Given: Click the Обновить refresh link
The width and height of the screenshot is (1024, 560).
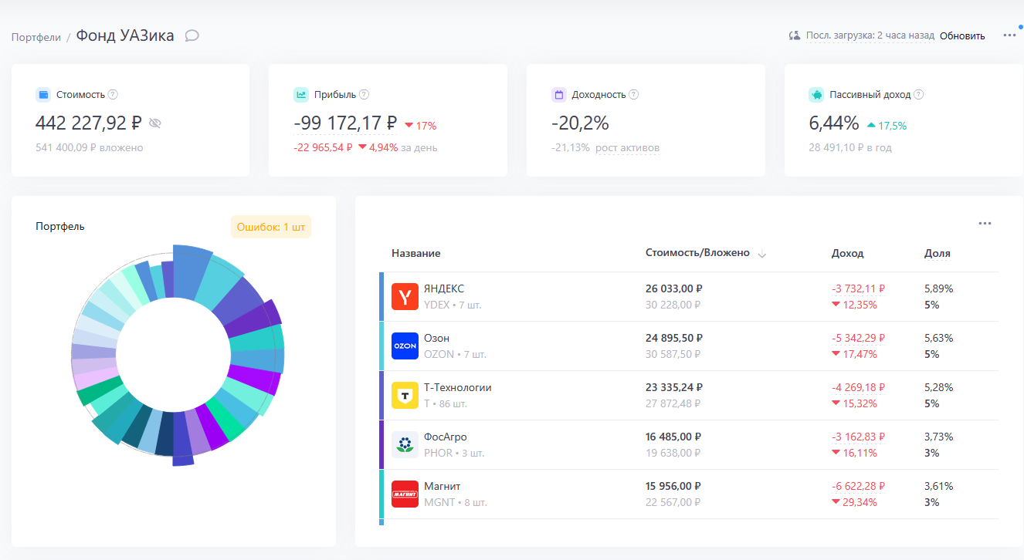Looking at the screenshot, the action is [961, 35].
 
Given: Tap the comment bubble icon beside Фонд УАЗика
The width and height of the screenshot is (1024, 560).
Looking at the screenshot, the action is [192, 35].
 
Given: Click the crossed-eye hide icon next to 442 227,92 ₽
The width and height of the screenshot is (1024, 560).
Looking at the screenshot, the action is [155, 123].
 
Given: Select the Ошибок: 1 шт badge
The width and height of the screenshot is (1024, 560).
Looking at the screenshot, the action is [270, 227].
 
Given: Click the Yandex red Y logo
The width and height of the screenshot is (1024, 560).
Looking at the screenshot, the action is [405, 296].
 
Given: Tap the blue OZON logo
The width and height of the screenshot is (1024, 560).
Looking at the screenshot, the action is [405, 346].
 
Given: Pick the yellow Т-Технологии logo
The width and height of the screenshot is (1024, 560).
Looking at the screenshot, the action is [405, 395].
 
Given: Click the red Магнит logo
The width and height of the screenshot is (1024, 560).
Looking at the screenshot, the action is [405, 494].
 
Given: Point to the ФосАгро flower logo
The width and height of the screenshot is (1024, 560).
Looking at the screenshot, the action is [405, 444].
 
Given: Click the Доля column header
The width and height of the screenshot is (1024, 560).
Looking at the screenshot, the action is [938, 253].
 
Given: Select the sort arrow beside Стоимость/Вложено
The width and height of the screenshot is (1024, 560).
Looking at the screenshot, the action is [761, 255].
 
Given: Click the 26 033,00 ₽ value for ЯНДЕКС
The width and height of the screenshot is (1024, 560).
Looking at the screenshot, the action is [674, 288].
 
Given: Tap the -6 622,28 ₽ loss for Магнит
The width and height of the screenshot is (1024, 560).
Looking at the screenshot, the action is [858, 486].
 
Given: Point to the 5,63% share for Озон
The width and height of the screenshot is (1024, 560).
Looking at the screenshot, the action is [938, 338].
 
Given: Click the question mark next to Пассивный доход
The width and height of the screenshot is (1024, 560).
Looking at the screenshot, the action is [918, 95].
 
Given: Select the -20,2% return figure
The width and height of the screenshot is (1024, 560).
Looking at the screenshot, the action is [580, 123].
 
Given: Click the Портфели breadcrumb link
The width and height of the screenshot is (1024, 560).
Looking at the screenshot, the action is [36, 37].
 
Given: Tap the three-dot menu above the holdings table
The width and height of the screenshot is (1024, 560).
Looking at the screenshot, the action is [985, 224].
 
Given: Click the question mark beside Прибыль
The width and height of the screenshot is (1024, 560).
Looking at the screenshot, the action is [364, 95].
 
